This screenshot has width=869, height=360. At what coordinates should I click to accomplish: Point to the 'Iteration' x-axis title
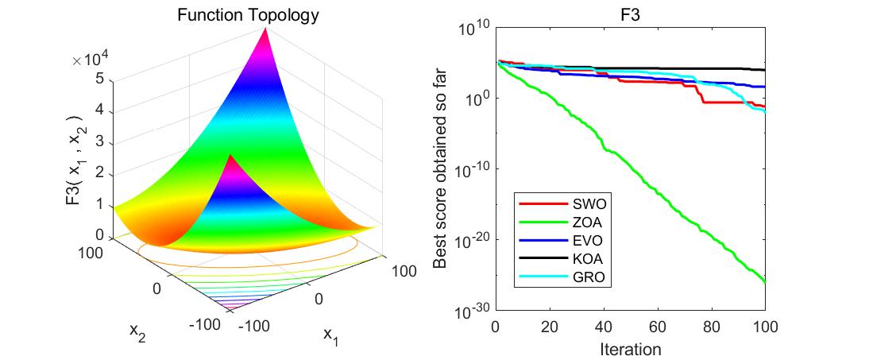point(630,348)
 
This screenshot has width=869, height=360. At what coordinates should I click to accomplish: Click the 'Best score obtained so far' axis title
point(442,169)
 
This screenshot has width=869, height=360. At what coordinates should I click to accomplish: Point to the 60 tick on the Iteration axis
point(657,326)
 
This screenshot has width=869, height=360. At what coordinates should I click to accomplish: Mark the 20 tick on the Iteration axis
point(550,326)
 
